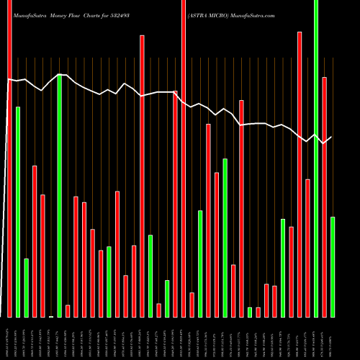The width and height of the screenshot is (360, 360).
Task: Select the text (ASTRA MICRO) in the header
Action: click(x=210, y=6)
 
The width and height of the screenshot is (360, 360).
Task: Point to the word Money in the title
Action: click(x=65, y=6)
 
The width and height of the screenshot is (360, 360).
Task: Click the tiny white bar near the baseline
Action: click(x=51, y=316)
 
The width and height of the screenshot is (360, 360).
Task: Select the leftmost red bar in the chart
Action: click(x=9, y=158)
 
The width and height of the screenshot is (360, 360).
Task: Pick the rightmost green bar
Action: click(x=333, y=266)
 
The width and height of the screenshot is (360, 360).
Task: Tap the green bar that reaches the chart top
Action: click(x=316, y=158)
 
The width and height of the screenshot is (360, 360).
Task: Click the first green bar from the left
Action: click(x=18, y=212)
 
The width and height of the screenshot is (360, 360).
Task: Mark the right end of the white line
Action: click(x=332, y=137)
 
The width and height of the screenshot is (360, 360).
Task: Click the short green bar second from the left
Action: click(x=27, y=287)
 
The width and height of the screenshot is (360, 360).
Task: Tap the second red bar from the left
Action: click(x=35, y=241)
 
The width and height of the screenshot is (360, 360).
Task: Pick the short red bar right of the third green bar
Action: click(x=68, y=310)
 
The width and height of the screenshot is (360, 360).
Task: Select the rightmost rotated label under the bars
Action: click(x=333, y=338)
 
